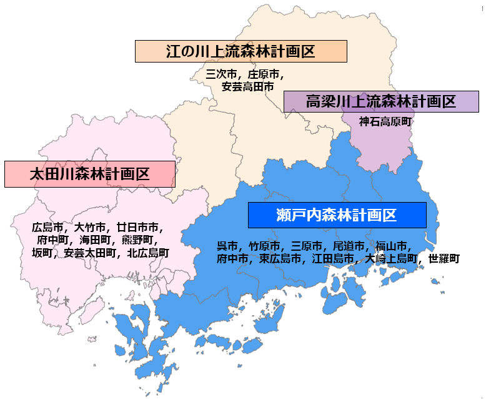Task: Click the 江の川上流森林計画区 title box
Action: (241, 51)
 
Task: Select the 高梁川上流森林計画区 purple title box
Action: (381, 101)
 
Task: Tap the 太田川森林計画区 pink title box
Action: (89, 174)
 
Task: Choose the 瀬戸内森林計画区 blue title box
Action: (337, 215)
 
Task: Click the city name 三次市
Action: (221, 74)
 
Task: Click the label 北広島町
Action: (148, 253)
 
